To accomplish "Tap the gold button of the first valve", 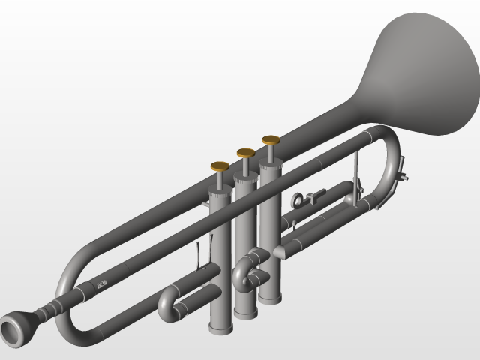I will [x=220, y=166].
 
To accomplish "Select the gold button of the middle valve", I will [x=246, y=153].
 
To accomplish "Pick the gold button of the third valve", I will [x=271, y=139].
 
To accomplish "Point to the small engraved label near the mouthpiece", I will [x=101, y=284].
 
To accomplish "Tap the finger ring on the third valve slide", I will [x=299, y=199].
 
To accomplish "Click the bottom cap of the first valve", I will [x=219, y=327].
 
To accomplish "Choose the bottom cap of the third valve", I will [x=270, y=298].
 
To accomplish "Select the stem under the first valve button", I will [x=220, y=180].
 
